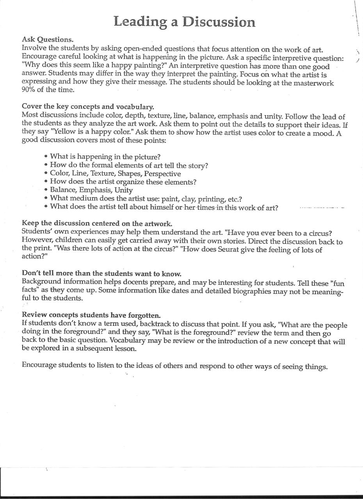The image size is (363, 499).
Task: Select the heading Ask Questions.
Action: [47, 40]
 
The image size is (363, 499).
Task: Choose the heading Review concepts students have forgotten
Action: [91, 314]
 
